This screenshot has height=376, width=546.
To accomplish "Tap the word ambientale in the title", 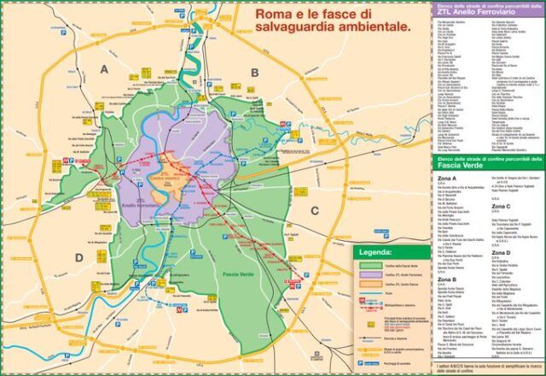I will (x=370, y=27).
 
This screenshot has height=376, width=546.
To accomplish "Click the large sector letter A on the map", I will (x=104, y=69).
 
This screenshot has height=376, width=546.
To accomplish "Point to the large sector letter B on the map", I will (x=254, y=73).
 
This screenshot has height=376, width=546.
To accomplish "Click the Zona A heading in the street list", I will (x=447, y=179).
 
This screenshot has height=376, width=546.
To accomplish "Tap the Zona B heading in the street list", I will (x=447, y=279).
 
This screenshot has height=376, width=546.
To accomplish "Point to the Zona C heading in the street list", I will (x=502, y=206).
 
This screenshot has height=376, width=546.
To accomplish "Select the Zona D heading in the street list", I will (x=502, y=253).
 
